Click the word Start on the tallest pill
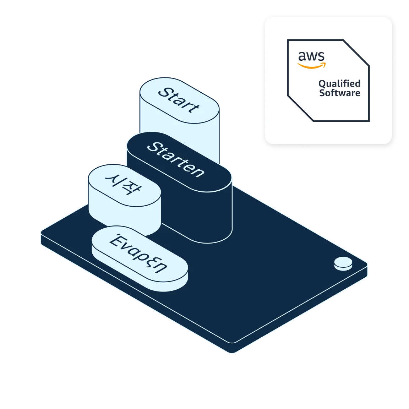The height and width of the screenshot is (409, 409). [179, 100]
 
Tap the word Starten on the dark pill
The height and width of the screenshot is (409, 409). [175, 160]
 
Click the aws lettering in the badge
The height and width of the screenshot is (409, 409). [311, 56]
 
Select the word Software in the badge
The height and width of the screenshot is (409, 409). [340, 93]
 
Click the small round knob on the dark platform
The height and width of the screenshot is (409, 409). [343, 263]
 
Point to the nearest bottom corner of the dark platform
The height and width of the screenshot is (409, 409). [231, 352]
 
